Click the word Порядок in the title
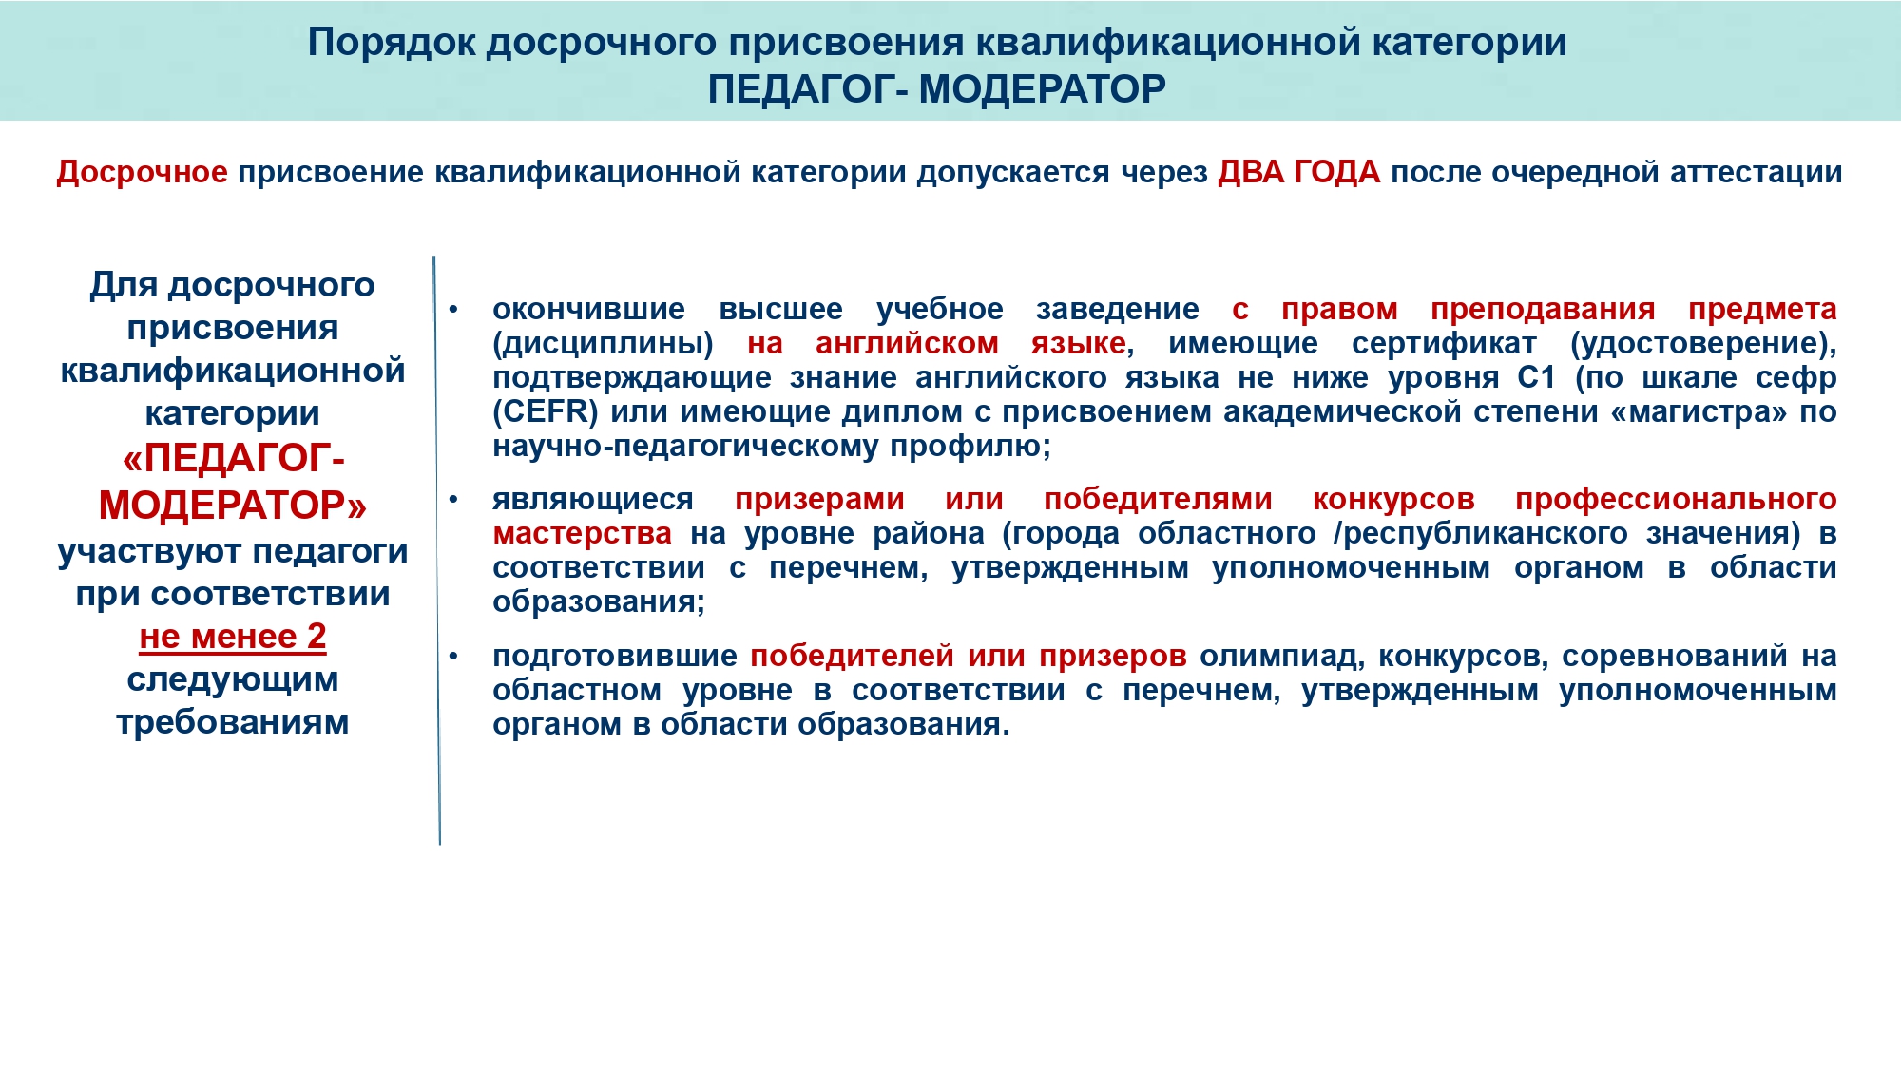click(x=391, y=44)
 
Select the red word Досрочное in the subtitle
click(x=142, y=173)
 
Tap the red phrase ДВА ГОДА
click(x=1298, y=172)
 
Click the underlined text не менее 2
click(x=233, y=637)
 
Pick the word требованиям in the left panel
click(x=233, y=722)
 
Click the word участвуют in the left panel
click(x=150, y=552)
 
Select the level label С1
click(x=1536, y=377)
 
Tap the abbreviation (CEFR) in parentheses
click(x=546, y=411)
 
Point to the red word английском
click(x=907, y=343)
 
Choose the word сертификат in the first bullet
click(x=1444, y=344)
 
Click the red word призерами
click(x=819, y=500)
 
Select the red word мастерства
click(x=583, y=534)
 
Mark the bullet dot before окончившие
click(x=453, y=309)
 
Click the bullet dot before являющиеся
click(x=453, y=499)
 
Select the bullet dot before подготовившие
click(x=453, y=656)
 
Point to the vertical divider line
click(x=437, y=550)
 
